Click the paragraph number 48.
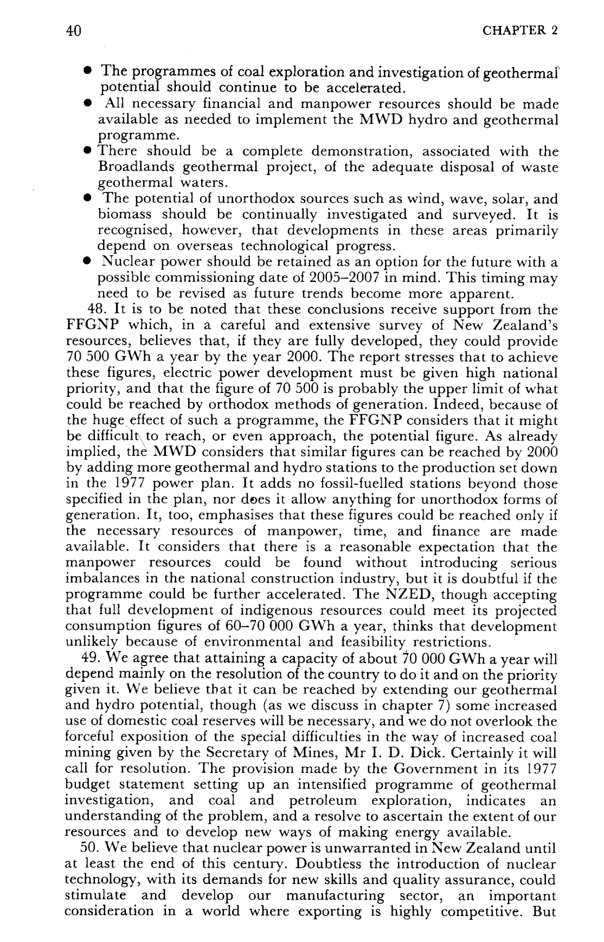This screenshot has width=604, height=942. (98, 310)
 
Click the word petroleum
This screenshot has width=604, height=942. (323, 801)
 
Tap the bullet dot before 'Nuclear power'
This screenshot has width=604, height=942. (86, 262)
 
